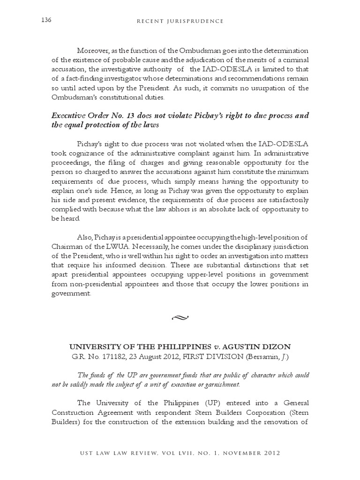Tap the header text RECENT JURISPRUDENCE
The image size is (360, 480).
(180, 21)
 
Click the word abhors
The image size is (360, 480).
(190, 210)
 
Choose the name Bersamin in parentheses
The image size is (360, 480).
(269, 357)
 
